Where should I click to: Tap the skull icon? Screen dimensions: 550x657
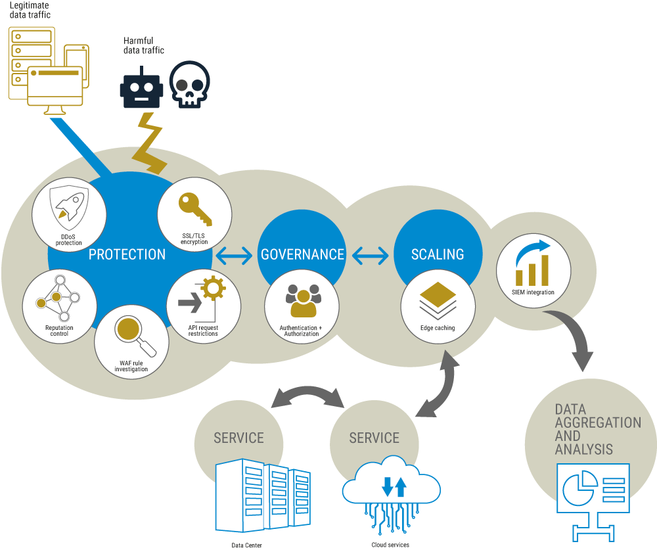click(x=190, y=85)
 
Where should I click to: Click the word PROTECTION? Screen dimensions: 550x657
click(x=127, y=254)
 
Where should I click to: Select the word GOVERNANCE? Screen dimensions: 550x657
click(x=302, y=254)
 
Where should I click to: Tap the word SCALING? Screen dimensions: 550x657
click(x=438, y=254)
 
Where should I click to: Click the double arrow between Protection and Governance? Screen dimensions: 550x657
click(x=235, y=255)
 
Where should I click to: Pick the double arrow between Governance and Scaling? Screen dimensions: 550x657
click(x=370, y=255)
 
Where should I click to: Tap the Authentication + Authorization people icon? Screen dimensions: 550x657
click(x=302, y=301)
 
